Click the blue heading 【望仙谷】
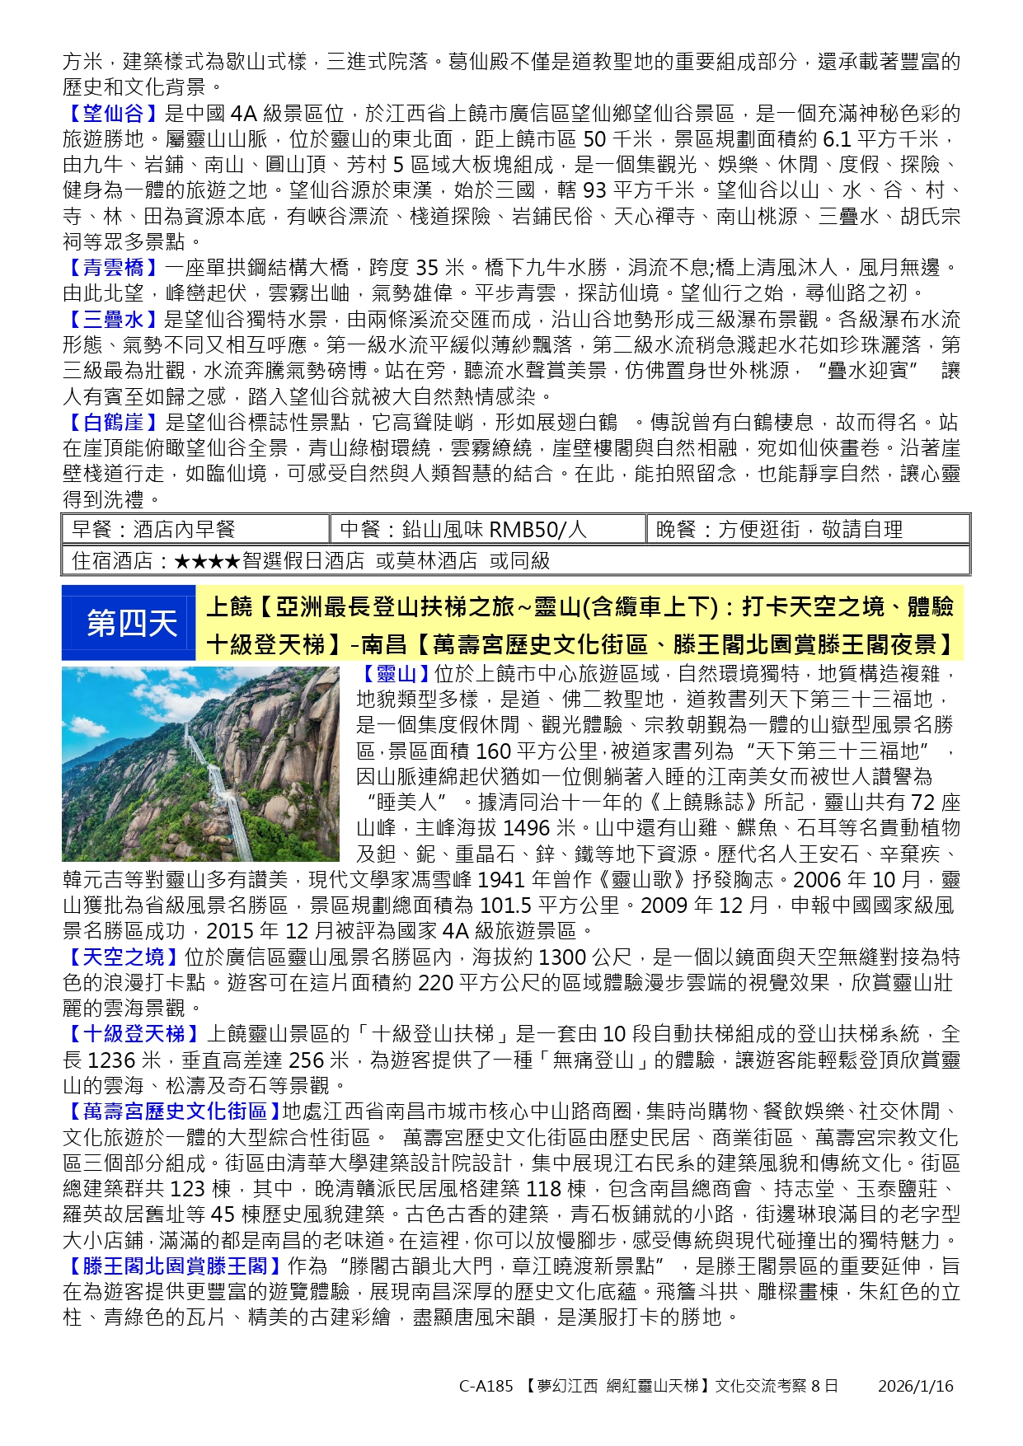113,114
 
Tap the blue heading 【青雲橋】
113,268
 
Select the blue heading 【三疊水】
113,320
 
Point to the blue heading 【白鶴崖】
113,423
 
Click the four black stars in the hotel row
208,561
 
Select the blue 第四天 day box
129,623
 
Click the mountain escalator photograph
200,764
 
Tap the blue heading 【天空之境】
123,957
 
